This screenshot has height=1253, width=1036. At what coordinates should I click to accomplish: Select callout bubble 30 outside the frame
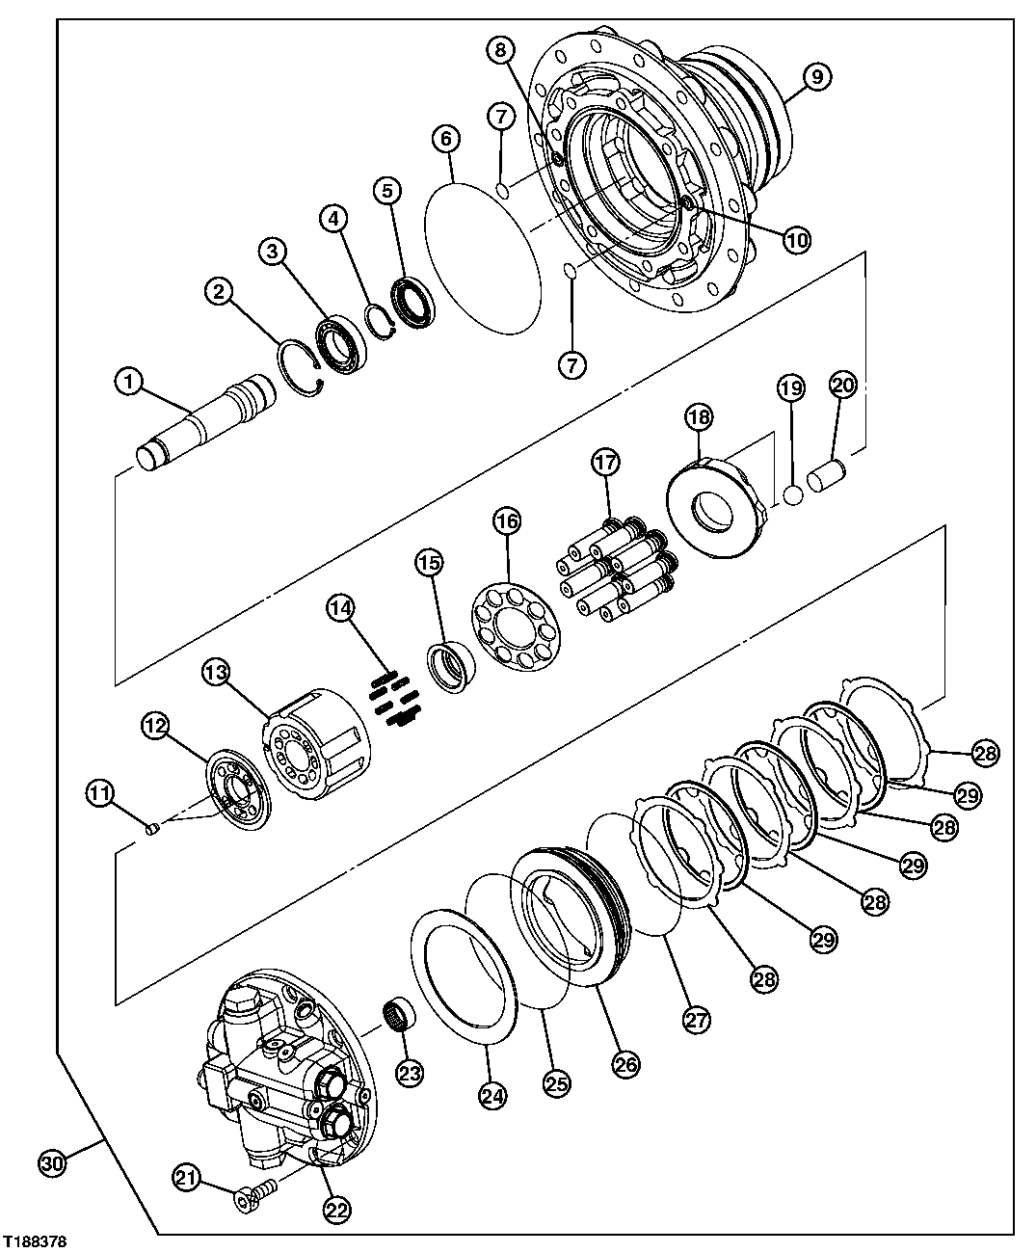click(53, 1163)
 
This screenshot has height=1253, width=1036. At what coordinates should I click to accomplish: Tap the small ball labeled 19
click(793, 495)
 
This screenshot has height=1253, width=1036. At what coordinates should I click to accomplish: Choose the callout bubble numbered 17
click(606, 463)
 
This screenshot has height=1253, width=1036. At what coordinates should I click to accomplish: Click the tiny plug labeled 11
click(149, 827)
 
